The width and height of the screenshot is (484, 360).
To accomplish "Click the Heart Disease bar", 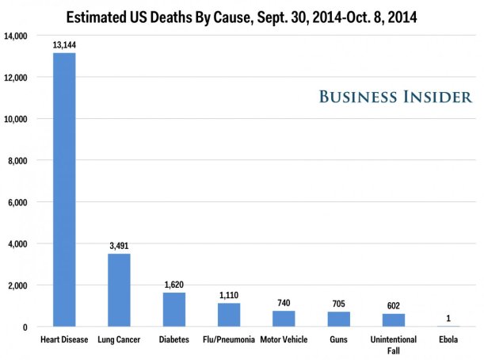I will (64, 190).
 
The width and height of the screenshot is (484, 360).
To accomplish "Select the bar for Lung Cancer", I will (119, 290).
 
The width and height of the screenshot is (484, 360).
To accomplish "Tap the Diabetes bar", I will (174, 309).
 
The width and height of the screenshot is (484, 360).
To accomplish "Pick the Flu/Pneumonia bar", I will (229, 315).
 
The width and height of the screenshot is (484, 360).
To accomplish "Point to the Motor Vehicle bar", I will (284, 319).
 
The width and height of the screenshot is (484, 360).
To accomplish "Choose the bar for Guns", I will (338, 319).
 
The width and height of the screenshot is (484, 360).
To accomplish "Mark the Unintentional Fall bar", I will (393, 320).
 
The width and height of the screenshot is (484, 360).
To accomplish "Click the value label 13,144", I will (64, 45).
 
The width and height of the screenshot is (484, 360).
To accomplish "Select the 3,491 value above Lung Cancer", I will (119, 246).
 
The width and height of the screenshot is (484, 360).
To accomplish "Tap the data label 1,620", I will (174, 285).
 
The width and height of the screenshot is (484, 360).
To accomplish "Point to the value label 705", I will (338, 304).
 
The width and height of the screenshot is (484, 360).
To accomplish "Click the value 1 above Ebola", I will (448, 318).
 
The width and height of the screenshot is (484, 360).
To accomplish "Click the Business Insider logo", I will (395, 97).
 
